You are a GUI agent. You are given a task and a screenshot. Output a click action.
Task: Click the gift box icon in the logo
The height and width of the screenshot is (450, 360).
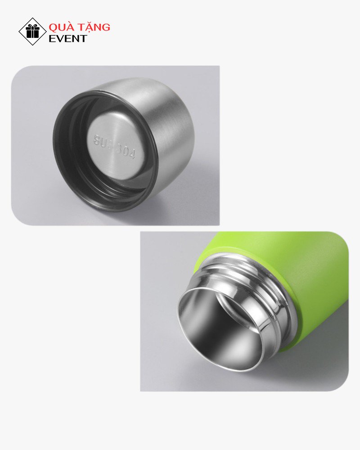(x=32, y=31)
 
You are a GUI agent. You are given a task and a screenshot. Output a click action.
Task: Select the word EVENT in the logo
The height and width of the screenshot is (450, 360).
(x=68, y=39)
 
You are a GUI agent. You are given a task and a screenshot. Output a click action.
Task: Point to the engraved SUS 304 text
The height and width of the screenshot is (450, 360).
(x=114, y=148)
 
